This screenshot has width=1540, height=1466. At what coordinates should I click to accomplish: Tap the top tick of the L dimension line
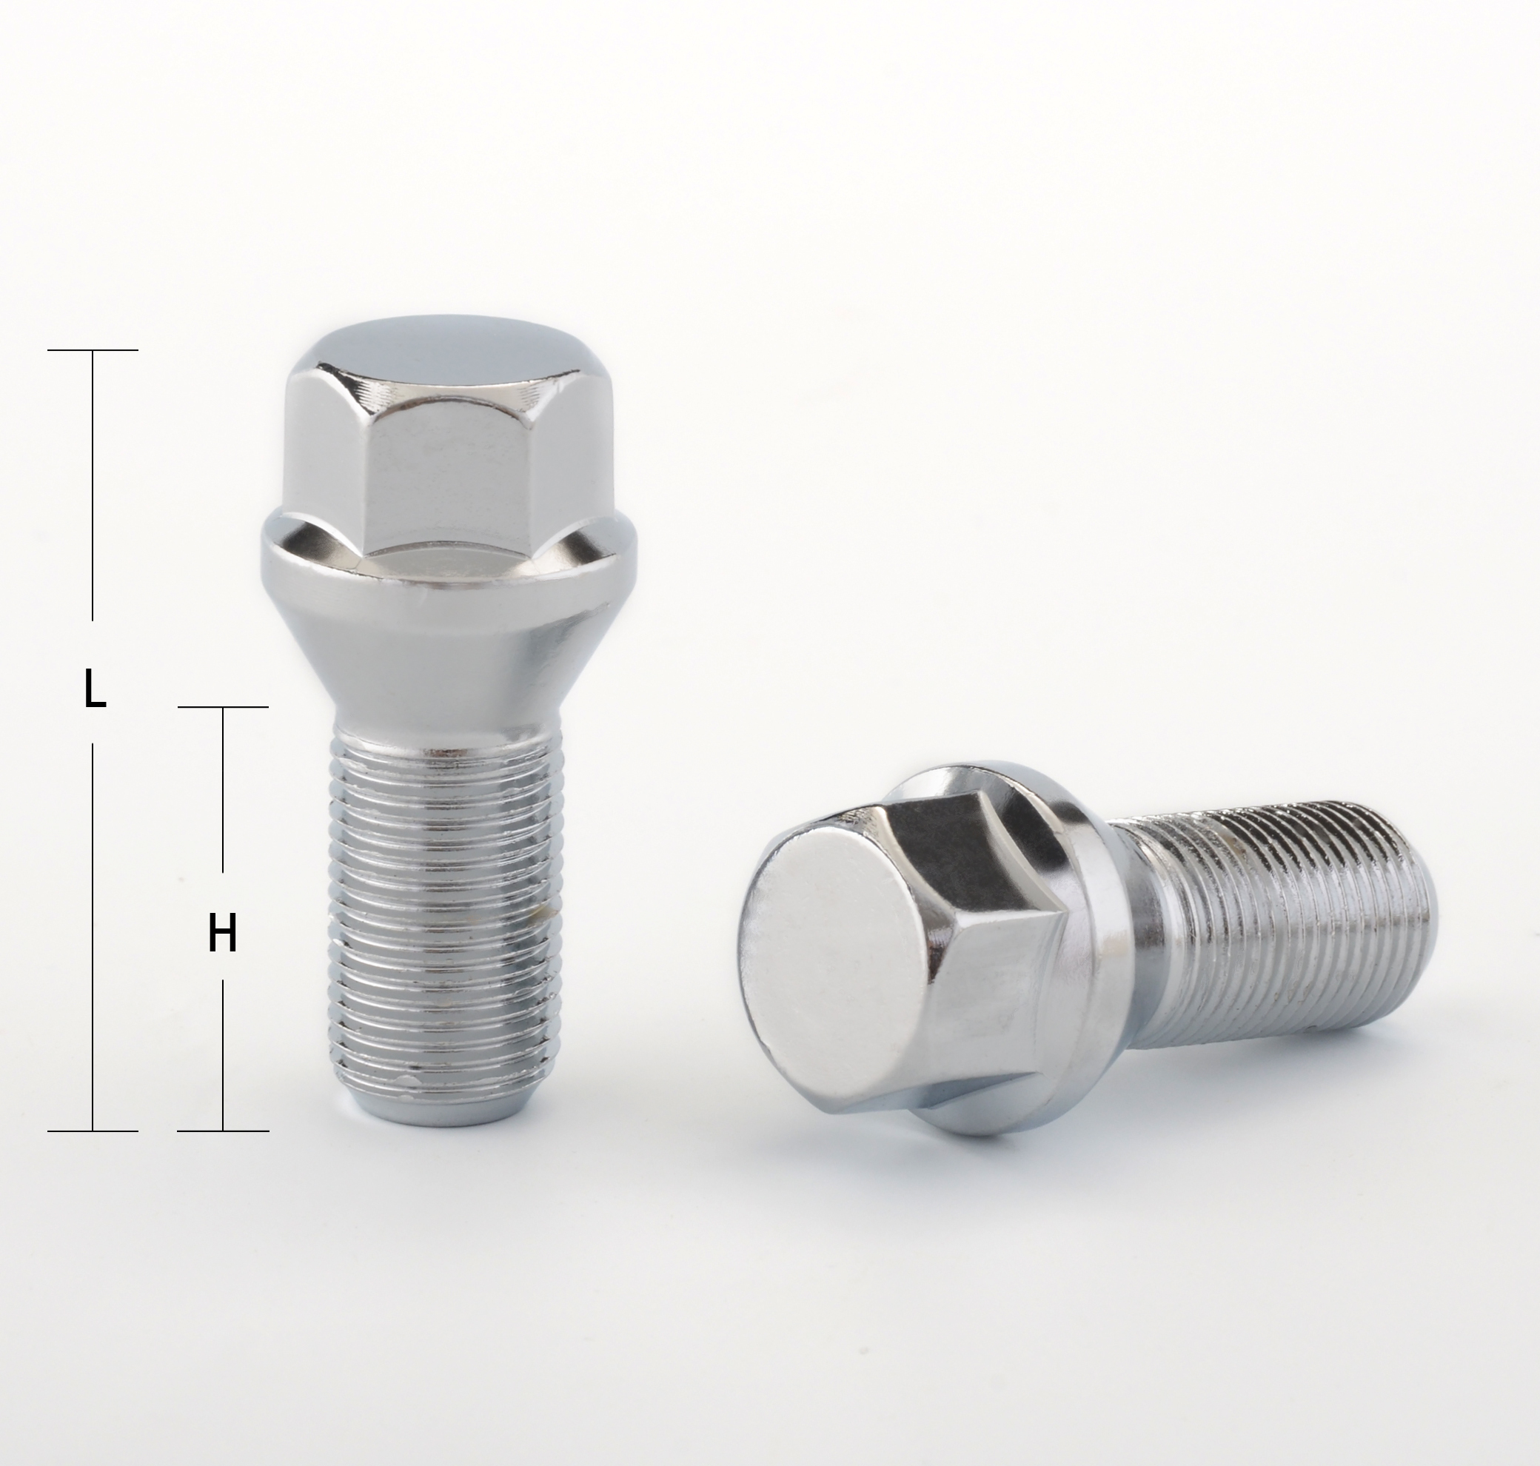[x=93, y=350]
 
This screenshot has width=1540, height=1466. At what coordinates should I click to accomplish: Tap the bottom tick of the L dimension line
[x=93, y=1130]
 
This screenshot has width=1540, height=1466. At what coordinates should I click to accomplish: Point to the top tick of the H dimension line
[x=224, y=707]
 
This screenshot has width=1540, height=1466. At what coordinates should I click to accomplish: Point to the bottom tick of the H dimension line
[x=224, y=1130]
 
